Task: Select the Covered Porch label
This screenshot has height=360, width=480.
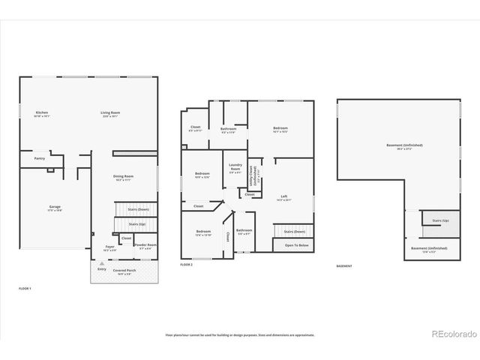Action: pos(125,272)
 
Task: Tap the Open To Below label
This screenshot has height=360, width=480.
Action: pos(295,245)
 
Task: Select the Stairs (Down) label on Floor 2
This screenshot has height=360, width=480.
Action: pos(294,232)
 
